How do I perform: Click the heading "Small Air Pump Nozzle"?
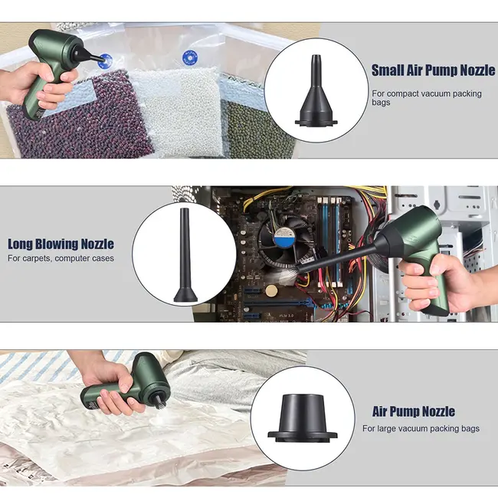coord(433,70)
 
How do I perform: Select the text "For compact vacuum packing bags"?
coord(427,97)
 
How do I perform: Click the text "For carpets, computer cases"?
coord(61,259)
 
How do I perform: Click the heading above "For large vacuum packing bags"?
coord(413,411)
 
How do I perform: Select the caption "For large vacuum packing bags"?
coord(421,428)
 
